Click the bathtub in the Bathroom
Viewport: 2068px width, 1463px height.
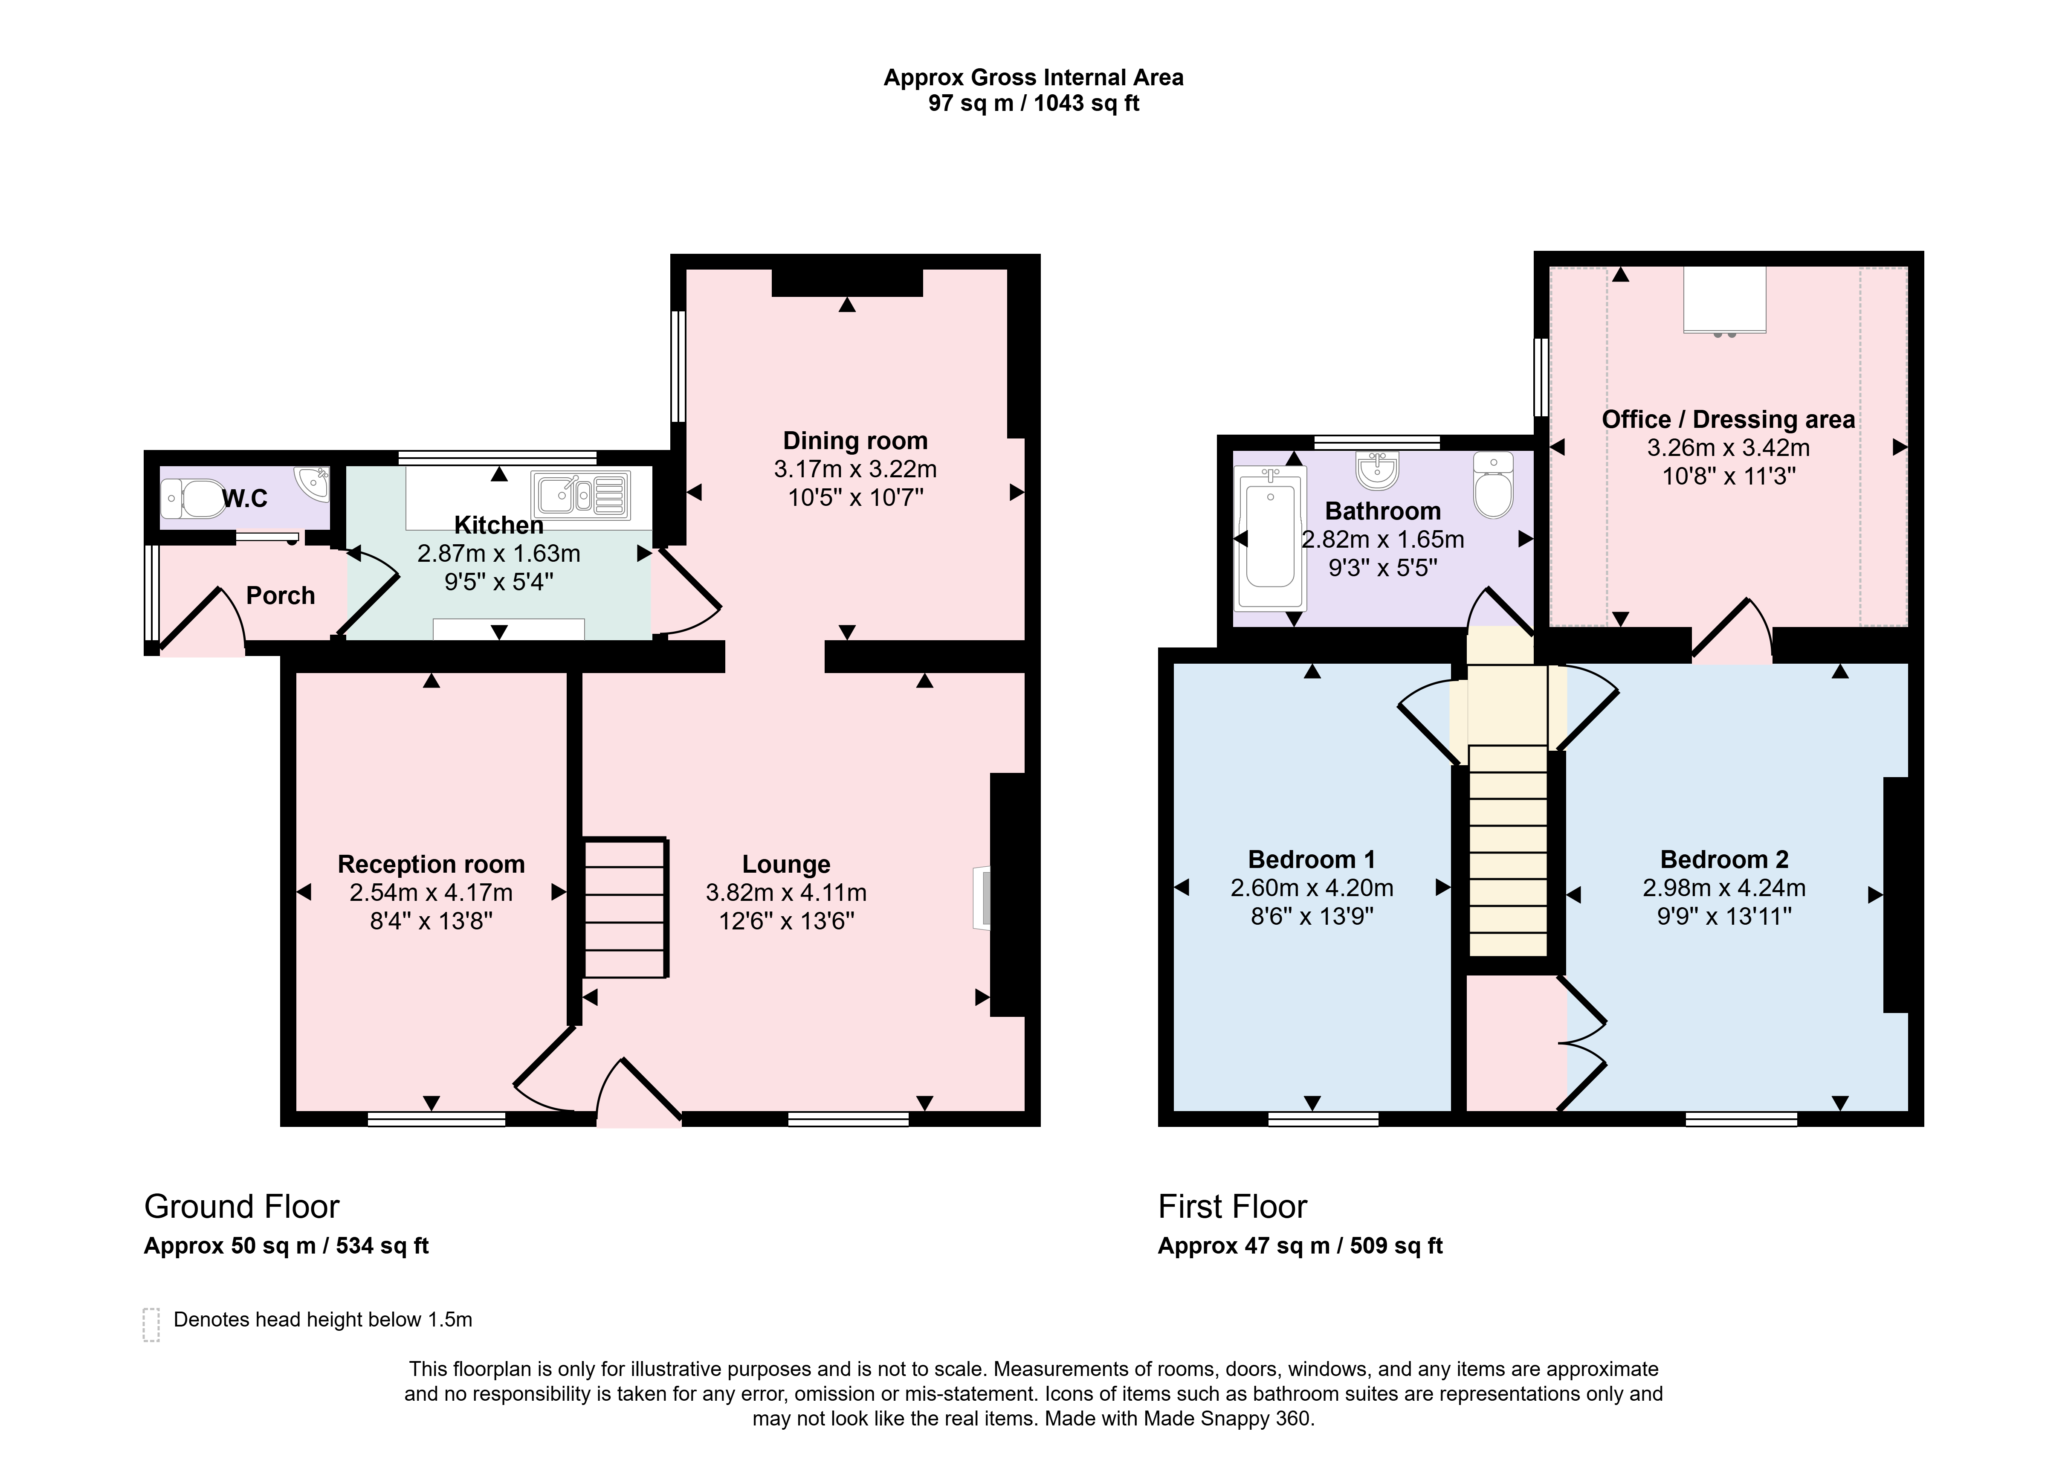tap(1270, 538)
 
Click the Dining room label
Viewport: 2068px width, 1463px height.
tap(855, 441)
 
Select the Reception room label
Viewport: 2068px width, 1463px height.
tap(432, 864)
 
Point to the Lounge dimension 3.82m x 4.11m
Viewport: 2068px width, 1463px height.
tap(786, 893)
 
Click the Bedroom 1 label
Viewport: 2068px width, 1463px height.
tap(1312, 859)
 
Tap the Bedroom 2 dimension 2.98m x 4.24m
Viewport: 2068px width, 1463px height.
tap(1724, 888)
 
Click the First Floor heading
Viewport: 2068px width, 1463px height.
tap(1232, 1206)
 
